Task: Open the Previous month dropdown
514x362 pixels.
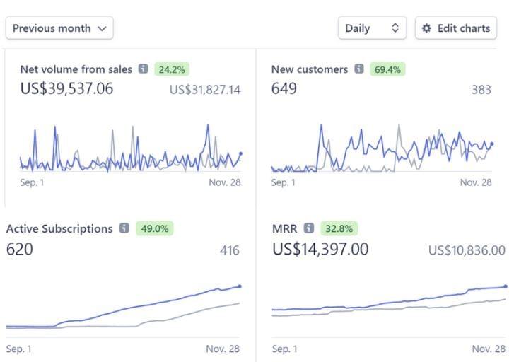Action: tap(59, 28)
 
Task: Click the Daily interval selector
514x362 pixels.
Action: tap(372, 28)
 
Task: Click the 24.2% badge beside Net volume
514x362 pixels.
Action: tap(172, 69)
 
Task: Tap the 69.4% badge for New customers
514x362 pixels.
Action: tap(387, 69)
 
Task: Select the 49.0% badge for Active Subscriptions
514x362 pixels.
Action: tap(153, 228)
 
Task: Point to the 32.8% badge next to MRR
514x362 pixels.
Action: tap(339, 228)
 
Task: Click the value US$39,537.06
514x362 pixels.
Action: tap(66, 89)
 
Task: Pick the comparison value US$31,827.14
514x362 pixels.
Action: tap(205, 90)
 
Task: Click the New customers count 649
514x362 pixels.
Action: tap(284, 89)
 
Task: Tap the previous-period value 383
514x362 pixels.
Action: tap(481, 90)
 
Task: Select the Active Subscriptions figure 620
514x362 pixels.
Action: tap(19, 249)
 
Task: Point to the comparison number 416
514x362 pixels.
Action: tap(229, 250)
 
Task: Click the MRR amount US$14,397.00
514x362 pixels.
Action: tap(320, 249)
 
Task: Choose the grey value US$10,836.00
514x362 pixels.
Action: tap(467, 250)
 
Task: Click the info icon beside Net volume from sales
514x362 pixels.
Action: tap(144, 69)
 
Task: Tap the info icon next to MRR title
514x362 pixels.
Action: tap(309, 228)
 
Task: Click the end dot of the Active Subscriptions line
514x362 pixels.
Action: tap(240, 286)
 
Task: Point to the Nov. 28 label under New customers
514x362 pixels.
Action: tap(476, 182)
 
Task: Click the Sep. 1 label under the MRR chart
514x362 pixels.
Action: tap(284, 349)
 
